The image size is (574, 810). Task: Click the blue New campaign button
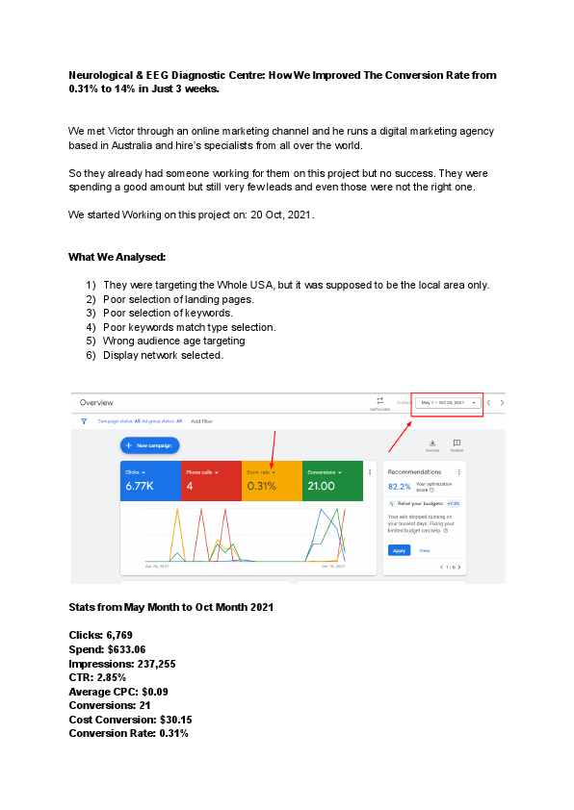coord(150,445)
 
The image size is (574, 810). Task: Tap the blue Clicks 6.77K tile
coord(150,481)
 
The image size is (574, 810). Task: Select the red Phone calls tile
coord(211,481)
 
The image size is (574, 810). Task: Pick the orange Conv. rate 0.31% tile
coord(272,481)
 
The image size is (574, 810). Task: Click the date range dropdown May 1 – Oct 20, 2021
coord(448,402)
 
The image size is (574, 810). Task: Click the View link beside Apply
coord(424,550)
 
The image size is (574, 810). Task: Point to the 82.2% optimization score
coord(399,488)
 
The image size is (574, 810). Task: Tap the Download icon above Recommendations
coord(432,443)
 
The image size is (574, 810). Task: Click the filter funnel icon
coord(84,420)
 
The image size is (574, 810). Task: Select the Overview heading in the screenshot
coord(96,402)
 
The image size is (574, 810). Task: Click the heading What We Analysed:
coord(117,257)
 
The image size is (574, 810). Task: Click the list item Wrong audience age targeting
coord(174,341)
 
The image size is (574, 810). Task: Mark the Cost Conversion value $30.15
coord(168,720)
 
